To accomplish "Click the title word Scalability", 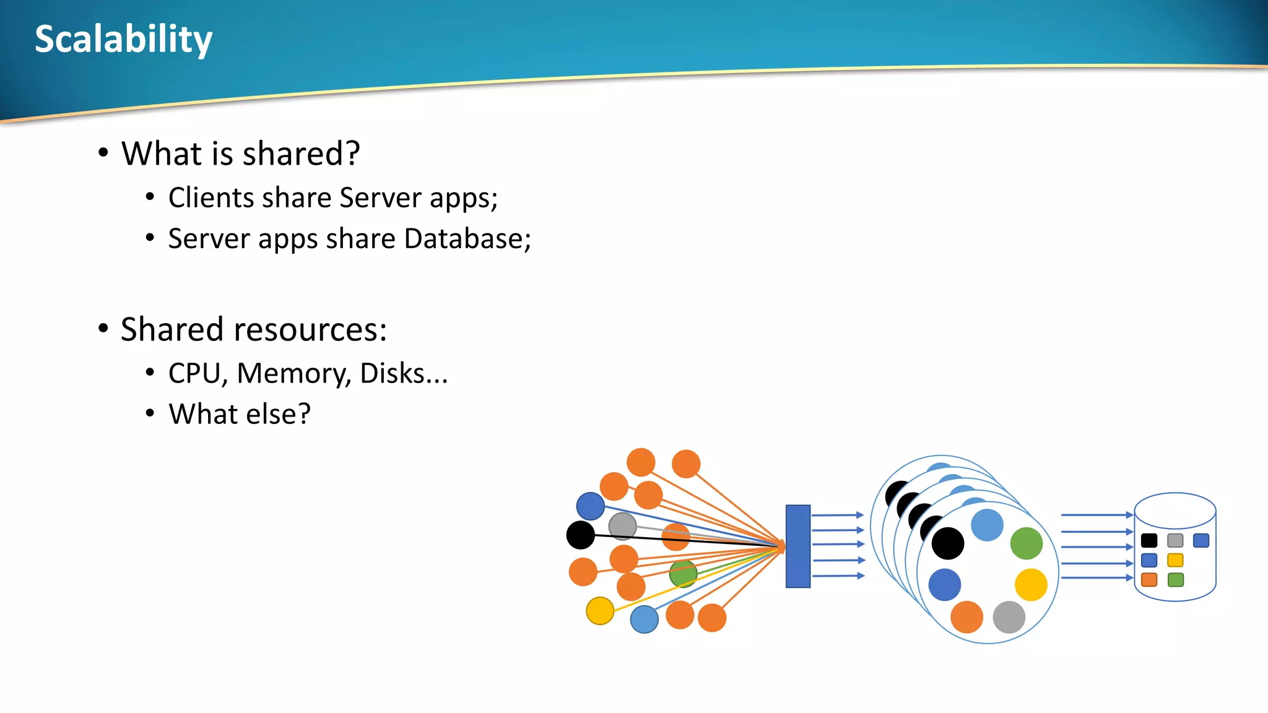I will (123, 39).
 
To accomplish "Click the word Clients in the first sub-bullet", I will (211, 198).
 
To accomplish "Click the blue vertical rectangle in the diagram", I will (797, 546).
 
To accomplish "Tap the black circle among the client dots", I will (580, 535).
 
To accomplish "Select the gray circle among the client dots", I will (622, 526).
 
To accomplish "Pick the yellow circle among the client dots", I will (599, 611).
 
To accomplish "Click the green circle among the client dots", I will (683, 574).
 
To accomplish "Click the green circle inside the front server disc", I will (1026, 543).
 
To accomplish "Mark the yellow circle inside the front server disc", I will (1031, 584).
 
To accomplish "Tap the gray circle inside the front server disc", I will (1009, 617).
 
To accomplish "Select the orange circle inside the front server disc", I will (966, 617).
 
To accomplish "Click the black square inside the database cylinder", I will (1149, 540).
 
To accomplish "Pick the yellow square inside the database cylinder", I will (1175, 560).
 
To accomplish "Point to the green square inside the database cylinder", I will (1175, 580).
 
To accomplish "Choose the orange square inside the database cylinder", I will (1149, 580).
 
